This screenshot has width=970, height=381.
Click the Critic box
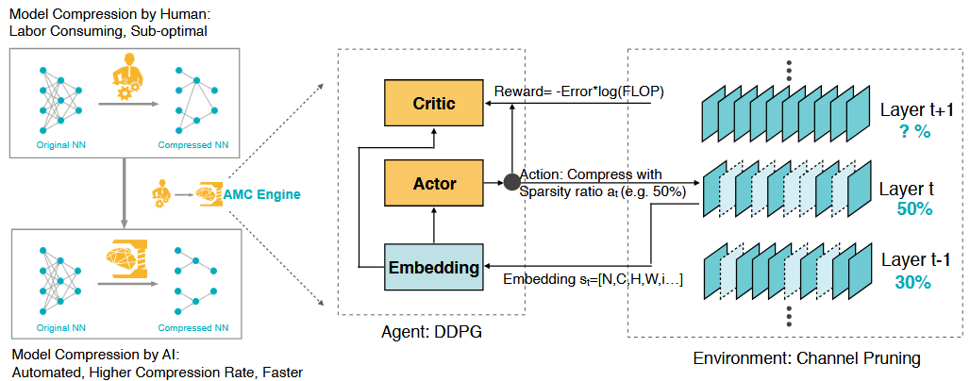(434, 104)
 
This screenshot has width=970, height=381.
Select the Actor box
(434, 184)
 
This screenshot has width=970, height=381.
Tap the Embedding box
(434, 267)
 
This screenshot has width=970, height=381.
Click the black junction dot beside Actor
(511, 182)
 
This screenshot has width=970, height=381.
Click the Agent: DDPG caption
(431, 333)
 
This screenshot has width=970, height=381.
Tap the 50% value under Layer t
(913, 209)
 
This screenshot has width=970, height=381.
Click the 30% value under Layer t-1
(913, 282)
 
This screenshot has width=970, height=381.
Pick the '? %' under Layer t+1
(913, 132)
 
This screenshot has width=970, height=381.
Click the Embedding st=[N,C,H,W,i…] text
(592, 279)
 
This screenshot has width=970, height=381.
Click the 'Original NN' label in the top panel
(60, 146)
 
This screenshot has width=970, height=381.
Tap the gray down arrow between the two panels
(125, 191)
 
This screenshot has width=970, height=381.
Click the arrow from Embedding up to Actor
(434, 225)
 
